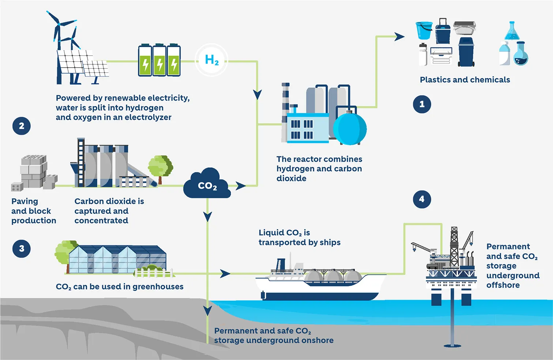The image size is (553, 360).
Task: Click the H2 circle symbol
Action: pos(212,60)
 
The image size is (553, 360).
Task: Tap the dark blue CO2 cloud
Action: pos(207,185)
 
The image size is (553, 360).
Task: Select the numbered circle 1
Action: pos(422,104)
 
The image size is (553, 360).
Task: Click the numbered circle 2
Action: pos(22,126)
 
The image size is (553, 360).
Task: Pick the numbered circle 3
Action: pos(22,249)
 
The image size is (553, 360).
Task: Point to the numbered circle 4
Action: pos(422,199)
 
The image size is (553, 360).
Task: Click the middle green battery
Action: pos(159,61)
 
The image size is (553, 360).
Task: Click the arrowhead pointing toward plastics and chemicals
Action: pos(399,37)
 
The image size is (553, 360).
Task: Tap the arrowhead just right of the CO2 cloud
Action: pos(240,186)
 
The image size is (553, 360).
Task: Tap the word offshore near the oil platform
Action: pos(503,285)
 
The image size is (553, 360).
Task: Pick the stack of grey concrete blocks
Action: pos(34,172)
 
